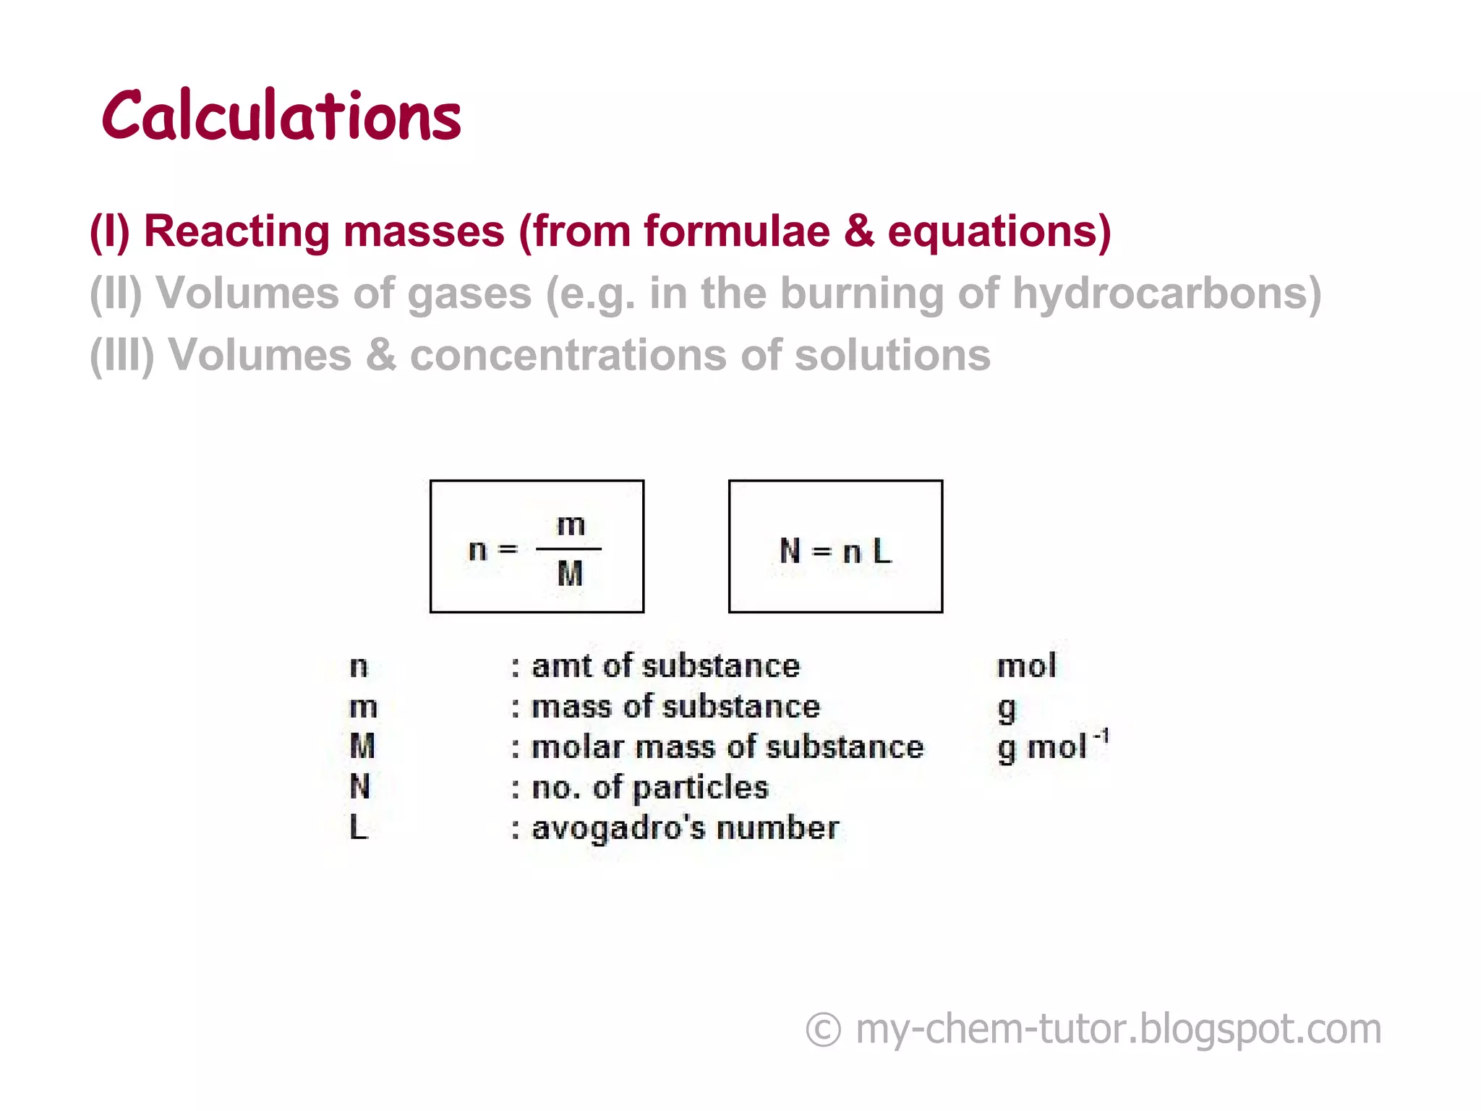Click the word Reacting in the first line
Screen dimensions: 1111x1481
(236, 231)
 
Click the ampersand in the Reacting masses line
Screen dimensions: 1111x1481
(858, 231)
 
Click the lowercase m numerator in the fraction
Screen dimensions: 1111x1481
(571, 524)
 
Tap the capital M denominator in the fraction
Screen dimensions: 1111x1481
(570, 574)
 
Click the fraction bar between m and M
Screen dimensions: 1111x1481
(568, 549)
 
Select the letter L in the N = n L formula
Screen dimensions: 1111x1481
(882, 551)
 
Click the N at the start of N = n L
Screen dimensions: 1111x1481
(790, 551)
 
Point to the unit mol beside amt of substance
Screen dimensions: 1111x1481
(1026, 665)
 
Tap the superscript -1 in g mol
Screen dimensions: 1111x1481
(1101, 736)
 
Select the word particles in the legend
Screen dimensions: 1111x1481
(700, 788)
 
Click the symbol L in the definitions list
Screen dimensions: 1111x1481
(359, 827)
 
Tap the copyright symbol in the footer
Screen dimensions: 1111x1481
(824, 1029)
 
